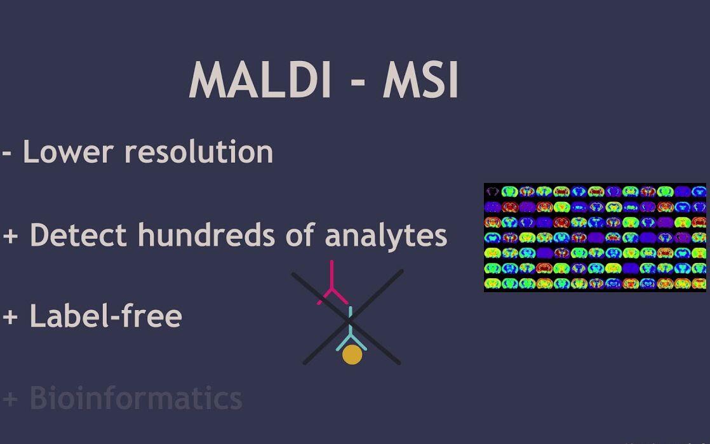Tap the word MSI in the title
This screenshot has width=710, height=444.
(420, 80)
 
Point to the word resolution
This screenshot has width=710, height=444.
(198, 152)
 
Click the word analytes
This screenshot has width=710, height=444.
(385, 236)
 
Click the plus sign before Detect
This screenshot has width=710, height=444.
(10, 236)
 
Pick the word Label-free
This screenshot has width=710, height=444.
(105, 316)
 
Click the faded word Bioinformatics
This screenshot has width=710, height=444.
(136, 398)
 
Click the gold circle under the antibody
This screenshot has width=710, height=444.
(352, 355)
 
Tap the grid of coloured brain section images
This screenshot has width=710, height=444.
(594, 238)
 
